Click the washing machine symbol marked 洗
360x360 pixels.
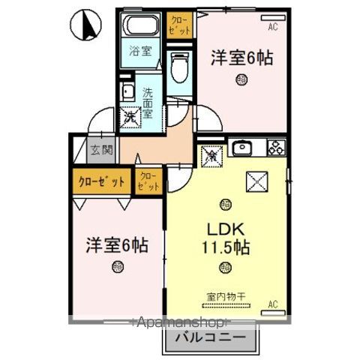click(x=130, y=117)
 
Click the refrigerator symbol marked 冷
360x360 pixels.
click(x=212, y=156)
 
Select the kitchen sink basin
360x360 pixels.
click(x=242, y=148)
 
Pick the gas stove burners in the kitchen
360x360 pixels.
click(x=274, y=147)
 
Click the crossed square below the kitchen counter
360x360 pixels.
click(x=257, y=181)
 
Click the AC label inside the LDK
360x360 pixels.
click(x=273, y=304)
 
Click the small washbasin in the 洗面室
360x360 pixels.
click(x=127, y=94)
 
